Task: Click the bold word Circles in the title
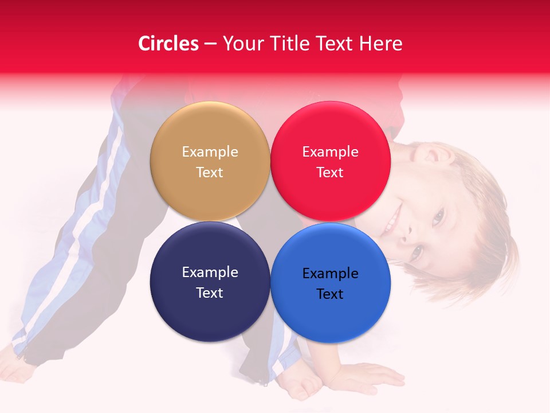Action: [x=168, y=44]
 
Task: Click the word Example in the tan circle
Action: [x=210, y=152]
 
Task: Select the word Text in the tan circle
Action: [x=210, y=173]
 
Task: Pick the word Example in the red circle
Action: [x=330, y=152]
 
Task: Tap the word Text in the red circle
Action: [x=330, y=173]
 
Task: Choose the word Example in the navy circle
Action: [x=210, y=272]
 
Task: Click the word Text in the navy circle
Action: [x=210, y=293]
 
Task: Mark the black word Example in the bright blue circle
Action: [x=330, y=274]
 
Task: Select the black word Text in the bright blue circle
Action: [x=330, y=294]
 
